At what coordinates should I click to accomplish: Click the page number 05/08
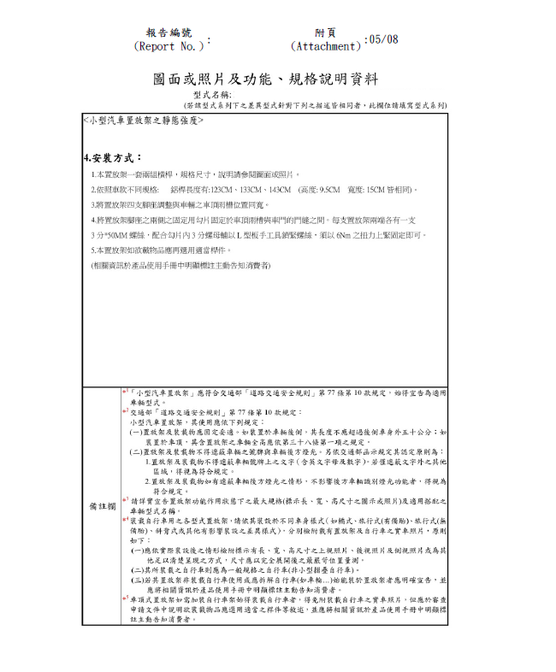(381, 39)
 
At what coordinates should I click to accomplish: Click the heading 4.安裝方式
(113, 158)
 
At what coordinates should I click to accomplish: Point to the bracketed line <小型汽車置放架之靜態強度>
(143, 121)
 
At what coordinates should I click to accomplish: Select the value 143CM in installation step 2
(277, 189)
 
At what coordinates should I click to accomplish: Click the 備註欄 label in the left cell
(103, 506)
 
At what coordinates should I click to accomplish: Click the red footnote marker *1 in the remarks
(125, 391)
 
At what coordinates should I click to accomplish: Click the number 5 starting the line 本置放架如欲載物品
(93, 250)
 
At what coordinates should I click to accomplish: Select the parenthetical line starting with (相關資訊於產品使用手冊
(180, 266)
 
